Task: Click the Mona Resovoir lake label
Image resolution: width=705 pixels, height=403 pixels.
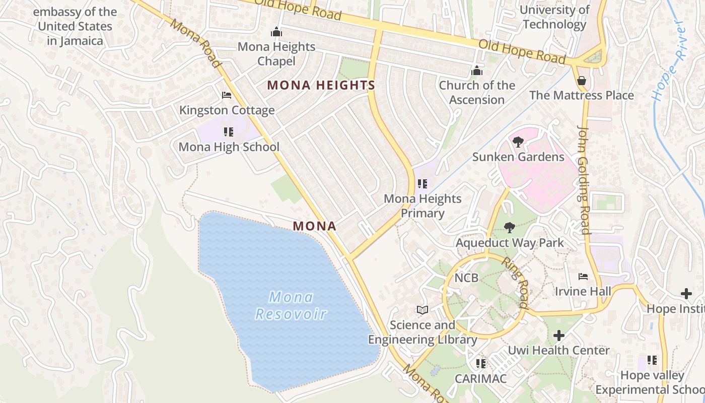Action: click(x=291, y=306)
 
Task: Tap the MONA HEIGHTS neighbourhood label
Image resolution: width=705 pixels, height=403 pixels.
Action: click(x=321, y=86)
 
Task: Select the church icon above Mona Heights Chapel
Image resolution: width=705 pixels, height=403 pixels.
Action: click(x=276, y=32)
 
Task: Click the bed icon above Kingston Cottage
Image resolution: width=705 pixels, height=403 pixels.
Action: click(x=227, y=95)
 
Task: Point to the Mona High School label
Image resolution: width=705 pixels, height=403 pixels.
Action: click(x=229, y=147)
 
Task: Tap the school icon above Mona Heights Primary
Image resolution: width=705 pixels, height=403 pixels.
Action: click(x=422, y=184)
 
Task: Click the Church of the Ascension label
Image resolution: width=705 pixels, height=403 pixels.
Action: click(x=477, y=93)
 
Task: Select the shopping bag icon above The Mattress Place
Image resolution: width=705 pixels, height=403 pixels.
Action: click(x=582, y=81)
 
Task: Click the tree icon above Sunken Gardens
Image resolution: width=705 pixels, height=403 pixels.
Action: click(x=518, y=142)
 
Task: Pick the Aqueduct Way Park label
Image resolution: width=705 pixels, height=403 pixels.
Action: click(x=510, y=243)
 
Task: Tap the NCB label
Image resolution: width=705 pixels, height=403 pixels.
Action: click(x=466, y=278)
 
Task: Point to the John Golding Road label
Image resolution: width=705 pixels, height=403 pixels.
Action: click(x=583, y=180)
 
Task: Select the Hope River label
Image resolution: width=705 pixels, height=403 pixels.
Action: click(x=668, y=60)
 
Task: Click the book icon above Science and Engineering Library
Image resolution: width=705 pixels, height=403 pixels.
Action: click(x=422, y=310)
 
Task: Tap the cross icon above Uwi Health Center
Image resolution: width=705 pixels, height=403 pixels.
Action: click(x=558, y=335)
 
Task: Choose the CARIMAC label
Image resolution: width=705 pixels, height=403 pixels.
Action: click(x=481, y=378)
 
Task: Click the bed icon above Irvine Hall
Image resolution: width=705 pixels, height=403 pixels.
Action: click(x=583, y=277)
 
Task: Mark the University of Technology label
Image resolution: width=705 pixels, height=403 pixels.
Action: click(x=554, y=17)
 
